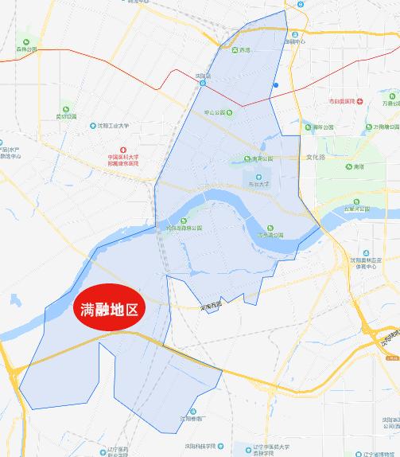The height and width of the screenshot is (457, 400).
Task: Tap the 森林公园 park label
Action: tap(25, 49)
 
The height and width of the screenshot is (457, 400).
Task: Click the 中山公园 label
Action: tap(216, 112)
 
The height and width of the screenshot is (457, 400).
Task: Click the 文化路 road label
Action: tap(317, 157)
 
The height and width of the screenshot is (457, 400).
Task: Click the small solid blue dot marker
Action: tap(275, 85)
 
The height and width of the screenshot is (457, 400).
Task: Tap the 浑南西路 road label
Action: tap(212, 303)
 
